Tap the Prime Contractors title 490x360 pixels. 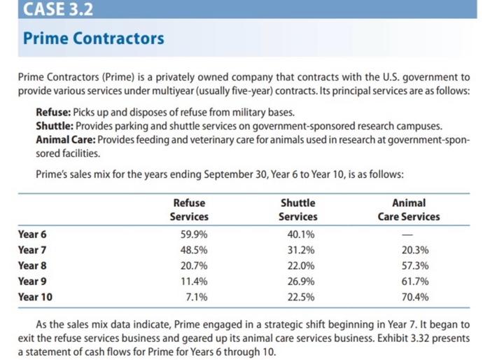point(94,38)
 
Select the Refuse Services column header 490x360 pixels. point(189,209)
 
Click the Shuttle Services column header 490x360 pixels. point(298,209)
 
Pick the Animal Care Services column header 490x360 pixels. point(409,209)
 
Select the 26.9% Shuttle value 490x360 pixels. point(297,281)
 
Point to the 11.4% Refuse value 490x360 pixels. point(195,281)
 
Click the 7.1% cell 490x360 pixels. point(197,296)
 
